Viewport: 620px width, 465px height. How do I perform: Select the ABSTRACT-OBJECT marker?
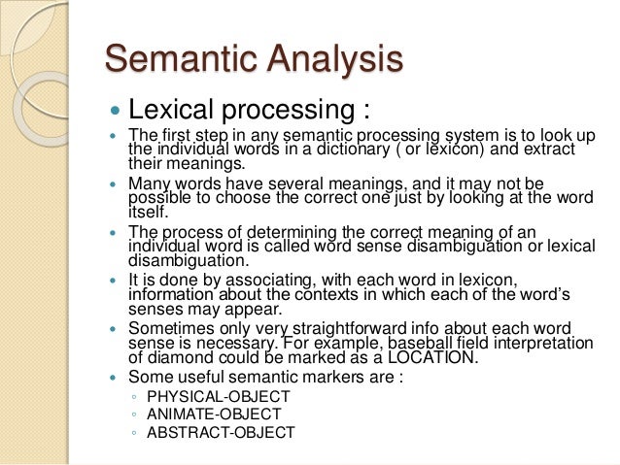coord(220,432)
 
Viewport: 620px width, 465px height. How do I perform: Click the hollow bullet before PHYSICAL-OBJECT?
coord(132,396)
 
